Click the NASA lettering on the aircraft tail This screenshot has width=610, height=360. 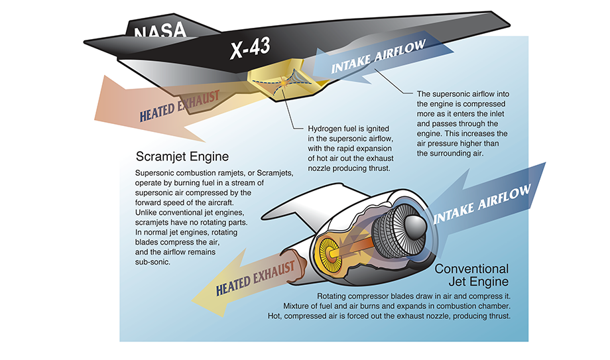[160, 30]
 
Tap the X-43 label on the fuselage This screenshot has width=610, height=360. [250, 48]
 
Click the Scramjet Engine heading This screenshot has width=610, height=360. [182, 157]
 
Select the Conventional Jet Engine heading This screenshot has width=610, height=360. [471, 275]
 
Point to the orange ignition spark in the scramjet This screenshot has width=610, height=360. [284, 83]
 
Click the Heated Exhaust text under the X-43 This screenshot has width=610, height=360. [180, 106]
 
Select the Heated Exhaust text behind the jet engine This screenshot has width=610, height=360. [255, 278]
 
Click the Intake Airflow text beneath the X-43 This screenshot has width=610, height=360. [379, 56]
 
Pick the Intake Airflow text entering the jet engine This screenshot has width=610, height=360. [481, 204]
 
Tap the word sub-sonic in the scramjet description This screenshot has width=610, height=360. [152, 262]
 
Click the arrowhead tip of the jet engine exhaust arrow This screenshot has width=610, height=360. [192, 301]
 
